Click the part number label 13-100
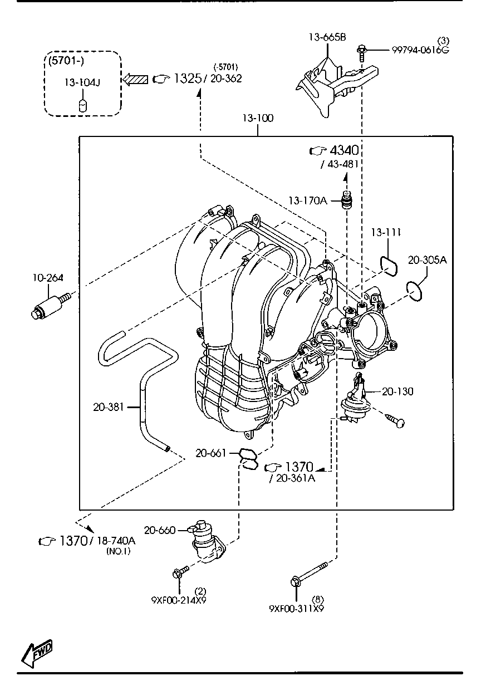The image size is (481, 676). point(258,119)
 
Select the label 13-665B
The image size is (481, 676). point(327,38)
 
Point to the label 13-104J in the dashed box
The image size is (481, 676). point(82,82)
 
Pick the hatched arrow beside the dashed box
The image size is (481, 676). point(136,79)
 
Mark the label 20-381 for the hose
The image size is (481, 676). point(108,407)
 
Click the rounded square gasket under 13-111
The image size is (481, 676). point(389,266)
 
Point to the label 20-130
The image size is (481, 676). point(397,391)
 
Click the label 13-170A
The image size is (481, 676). point(307,200)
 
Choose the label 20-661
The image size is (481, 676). point(211,453)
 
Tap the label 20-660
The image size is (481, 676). point(160,530)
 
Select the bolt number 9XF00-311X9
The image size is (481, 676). point(296,609)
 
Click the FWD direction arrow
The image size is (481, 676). point(37,650)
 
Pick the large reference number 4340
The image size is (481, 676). point(343,150)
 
